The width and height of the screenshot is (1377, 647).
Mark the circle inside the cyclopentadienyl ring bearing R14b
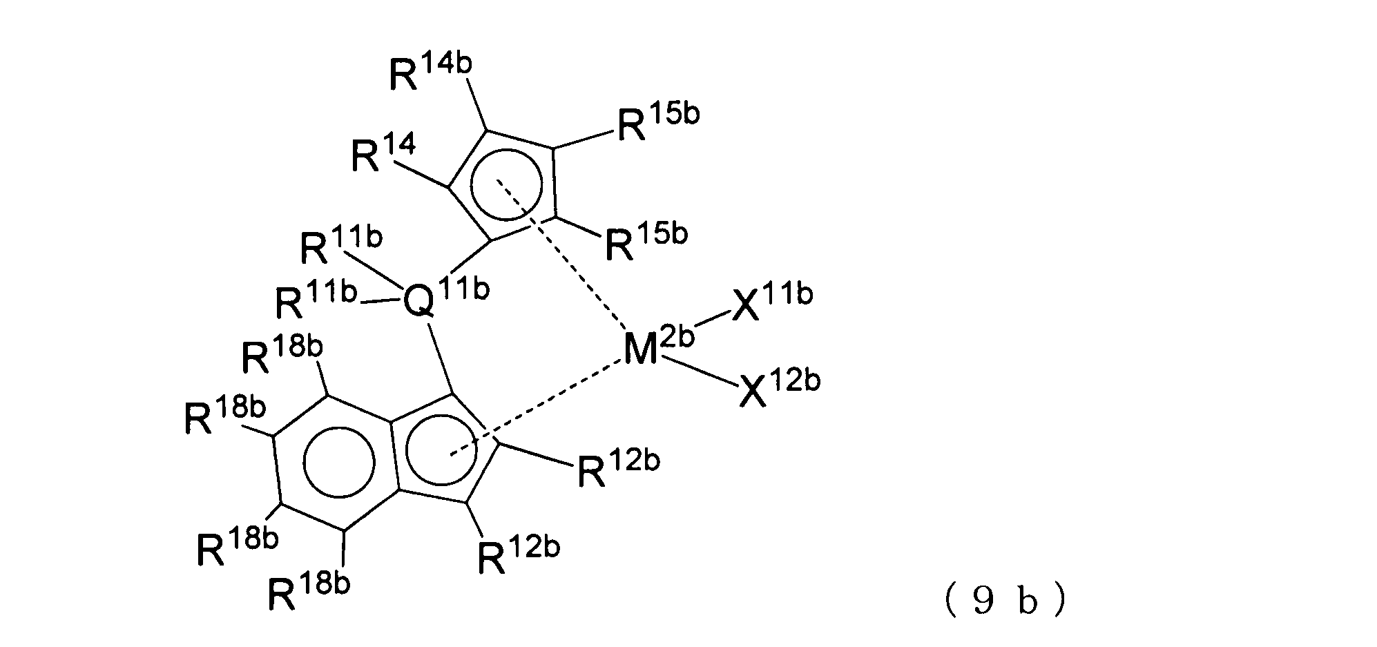(x=503, y=184)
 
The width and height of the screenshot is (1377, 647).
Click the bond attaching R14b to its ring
(x=477, y=104)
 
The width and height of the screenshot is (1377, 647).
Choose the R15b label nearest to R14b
(x=657, y=121)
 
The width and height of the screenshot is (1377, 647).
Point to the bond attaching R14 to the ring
(x=421, y=174)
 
